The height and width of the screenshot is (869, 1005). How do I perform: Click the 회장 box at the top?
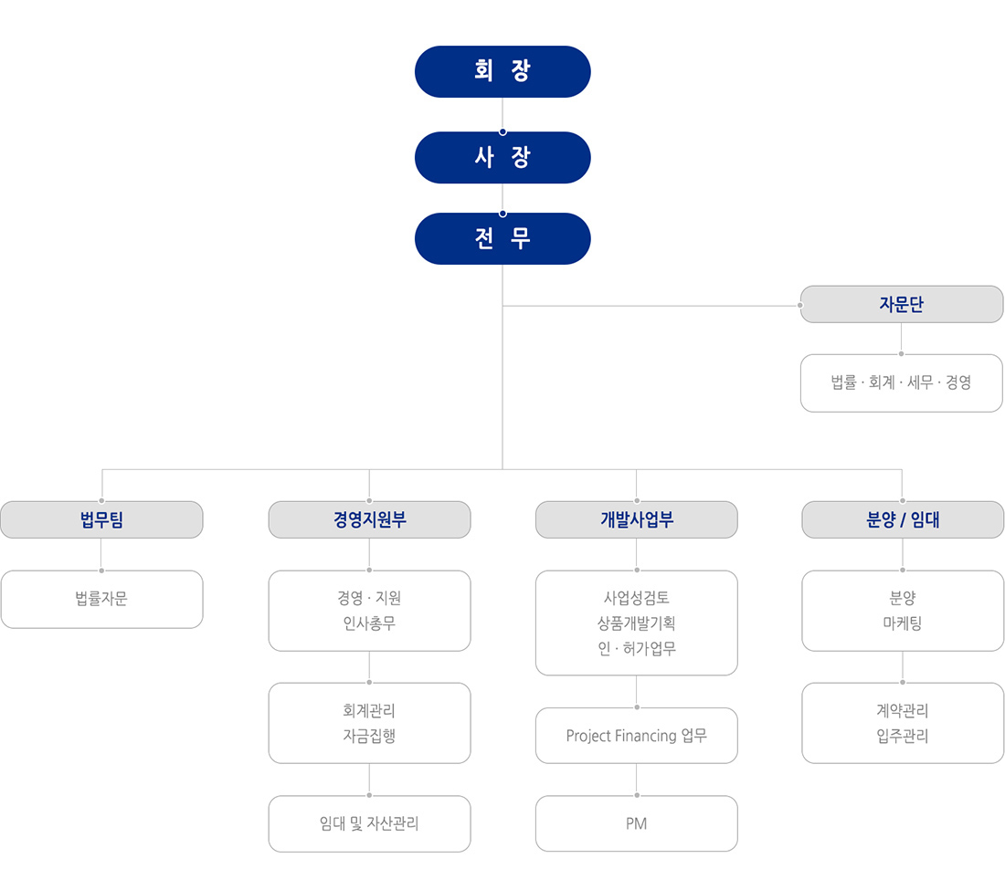[x=503, y=72]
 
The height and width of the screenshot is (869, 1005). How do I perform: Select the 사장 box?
[x=503, y=158]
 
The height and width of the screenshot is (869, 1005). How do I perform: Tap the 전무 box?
[x=503, y=239]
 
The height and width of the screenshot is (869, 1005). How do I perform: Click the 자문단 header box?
[x=901, y=304]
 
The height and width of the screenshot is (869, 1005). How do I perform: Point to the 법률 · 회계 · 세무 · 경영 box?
[x=901, y=383]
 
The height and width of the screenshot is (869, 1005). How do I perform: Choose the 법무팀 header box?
[x=102, y=519]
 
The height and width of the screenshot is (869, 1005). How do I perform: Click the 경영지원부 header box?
[x=369, y=519]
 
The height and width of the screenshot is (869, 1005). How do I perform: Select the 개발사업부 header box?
[x=637, y=519]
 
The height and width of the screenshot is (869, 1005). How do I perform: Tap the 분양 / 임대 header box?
[x=903, y=519]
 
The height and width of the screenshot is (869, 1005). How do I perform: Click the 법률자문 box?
[x=102, y=600]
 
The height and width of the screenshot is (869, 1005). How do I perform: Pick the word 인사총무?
[x=369, y=623]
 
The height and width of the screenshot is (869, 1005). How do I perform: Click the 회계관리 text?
[x=369, y=710]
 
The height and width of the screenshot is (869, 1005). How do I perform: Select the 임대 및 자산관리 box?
[x=369, y=823]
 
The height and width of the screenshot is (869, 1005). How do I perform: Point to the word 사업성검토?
[x=637, y=598]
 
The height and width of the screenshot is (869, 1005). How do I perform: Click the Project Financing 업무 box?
[x=637, y=735]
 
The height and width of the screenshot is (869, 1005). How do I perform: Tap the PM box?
[x=637, y=823]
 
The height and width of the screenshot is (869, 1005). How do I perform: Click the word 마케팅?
[x=903, y=623]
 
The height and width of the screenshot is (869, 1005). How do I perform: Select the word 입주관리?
[x=903, y=736]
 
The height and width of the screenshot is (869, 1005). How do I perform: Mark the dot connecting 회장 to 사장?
[x=503, y=132]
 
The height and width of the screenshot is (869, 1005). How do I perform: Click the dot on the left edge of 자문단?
[x=800, y=306]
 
